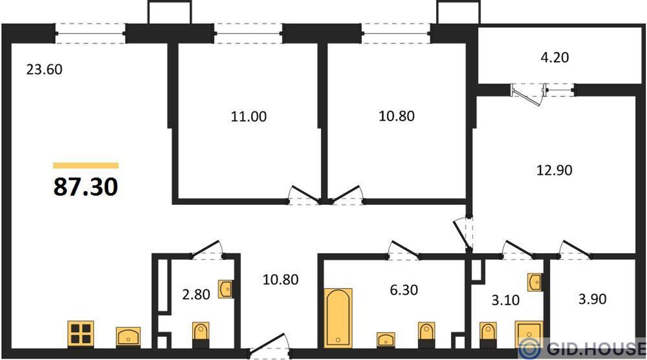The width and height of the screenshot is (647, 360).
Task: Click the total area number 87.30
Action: point(85,187)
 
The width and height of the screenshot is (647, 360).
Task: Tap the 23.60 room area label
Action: point(44,69)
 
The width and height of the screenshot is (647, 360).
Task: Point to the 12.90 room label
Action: point(554,170)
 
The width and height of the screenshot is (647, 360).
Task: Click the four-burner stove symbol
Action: point(81,334)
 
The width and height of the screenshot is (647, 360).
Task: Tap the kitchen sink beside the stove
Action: point(129,336)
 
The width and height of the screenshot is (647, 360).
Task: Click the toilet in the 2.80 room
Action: point(201,334)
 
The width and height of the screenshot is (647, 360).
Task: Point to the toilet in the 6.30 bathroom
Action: point(427,334)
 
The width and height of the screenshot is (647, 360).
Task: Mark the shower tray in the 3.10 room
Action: point(529,334)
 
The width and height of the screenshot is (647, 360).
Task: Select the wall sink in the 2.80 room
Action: point(226,289)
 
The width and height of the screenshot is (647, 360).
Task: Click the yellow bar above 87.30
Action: point(85,165)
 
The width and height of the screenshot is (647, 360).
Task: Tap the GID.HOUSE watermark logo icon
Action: point(531,348)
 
